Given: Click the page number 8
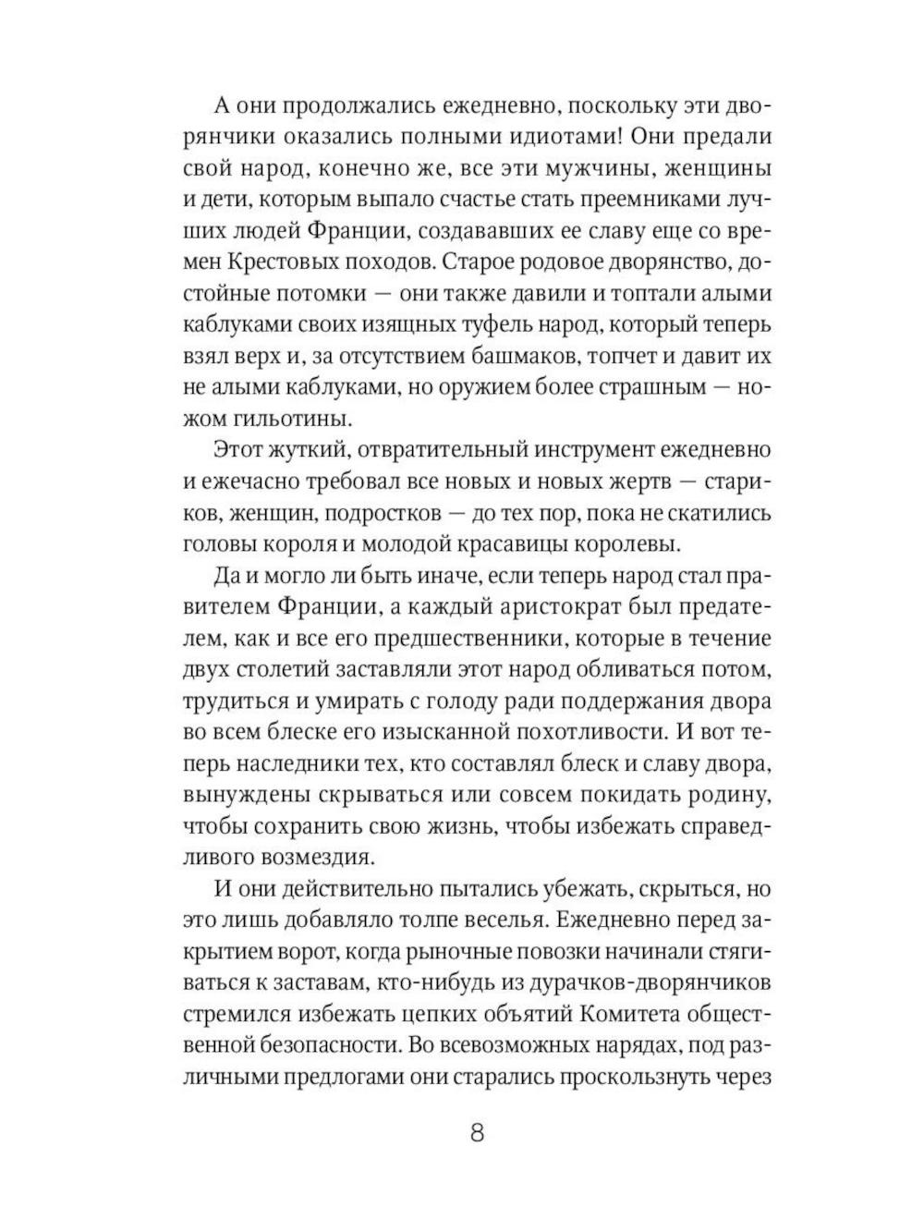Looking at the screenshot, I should click(477, 1132).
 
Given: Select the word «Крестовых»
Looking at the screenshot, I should click(300, 262).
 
